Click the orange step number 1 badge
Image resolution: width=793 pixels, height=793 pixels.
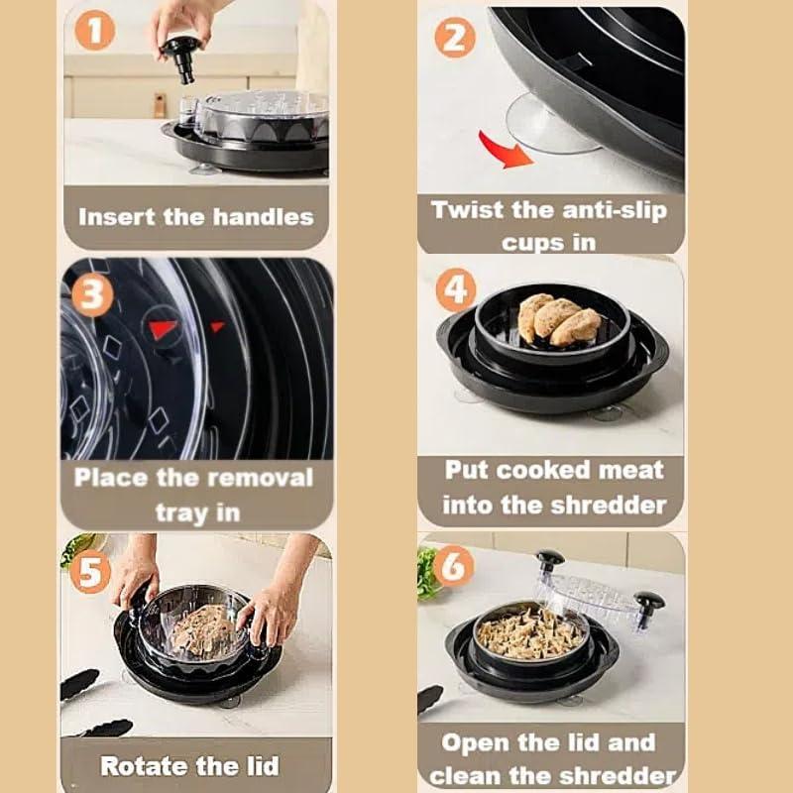click(95, 31)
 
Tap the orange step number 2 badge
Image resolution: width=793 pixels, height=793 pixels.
click(455, 38)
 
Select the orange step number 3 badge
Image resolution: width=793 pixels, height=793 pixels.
click(92, 294)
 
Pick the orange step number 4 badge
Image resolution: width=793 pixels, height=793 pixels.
click(456, 289)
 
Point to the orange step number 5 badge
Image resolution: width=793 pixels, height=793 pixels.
click(90, 572)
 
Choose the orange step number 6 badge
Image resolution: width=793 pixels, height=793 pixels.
click(454, 566)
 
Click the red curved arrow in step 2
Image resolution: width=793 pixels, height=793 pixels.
click(505, 150)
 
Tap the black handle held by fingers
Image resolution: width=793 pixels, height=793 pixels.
click(181, 59)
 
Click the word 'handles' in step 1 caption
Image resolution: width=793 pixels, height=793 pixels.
click(263, 217)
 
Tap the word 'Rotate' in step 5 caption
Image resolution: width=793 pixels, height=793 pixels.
click(144, 765)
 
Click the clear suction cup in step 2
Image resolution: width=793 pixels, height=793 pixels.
click(551, 125)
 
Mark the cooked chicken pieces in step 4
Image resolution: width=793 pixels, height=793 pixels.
click(559, 319)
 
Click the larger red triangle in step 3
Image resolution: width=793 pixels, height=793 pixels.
click(163, 329)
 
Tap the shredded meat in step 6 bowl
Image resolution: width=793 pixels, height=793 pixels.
click(527, 633)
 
